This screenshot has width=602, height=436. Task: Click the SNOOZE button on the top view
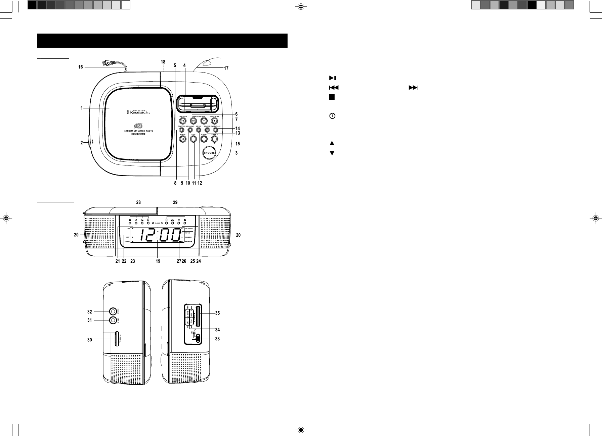(x=209, y=152)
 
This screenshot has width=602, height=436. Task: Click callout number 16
(x=81, y=67)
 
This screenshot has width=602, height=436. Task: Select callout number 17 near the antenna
(x=226, y=68)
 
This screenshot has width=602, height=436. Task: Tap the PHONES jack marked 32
(x=113, y=311)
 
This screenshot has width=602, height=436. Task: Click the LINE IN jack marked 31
(x=113, y=321)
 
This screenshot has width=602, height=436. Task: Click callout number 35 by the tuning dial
(x=217, y=313)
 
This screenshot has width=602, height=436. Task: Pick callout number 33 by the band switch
(x=217, y=339)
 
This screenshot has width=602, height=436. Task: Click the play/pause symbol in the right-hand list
(x=332, y=78)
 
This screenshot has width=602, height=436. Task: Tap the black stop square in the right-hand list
(x=332, y=97)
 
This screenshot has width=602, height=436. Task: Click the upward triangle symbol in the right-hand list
(x=332, y=143)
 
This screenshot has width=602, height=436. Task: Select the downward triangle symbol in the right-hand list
(x=332, y=153)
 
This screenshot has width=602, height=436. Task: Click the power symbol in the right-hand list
(x=332, y=116)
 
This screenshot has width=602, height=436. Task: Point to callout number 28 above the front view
(x=138, y=202)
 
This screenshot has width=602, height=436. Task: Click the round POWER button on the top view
(x=182, y=139)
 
